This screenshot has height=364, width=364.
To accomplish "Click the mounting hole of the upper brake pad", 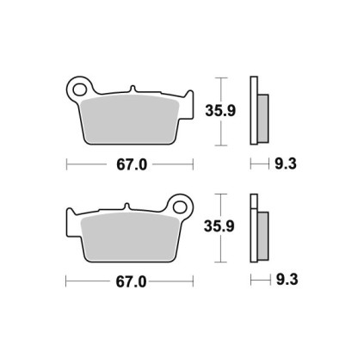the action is click(79, 89).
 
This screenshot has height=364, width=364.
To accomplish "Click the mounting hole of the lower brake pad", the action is click(181, 207).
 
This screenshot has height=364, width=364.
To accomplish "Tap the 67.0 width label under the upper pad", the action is click(132, 164).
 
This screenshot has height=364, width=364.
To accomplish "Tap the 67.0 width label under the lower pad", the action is click(131, 282).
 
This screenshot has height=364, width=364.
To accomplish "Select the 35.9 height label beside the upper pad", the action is click(220, 111).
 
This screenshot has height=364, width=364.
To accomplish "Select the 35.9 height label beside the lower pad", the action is click(219, 226).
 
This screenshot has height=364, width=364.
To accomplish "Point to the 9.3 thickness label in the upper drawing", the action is click(286, 164).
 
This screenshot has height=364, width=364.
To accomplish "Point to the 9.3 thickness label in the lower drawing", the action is click(287, 280).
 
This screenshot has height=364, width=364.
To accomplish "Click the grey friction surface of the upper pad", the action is click(130, 119).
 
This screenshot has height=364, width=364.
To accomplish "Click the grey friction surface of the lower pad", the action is click(130, 237).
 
